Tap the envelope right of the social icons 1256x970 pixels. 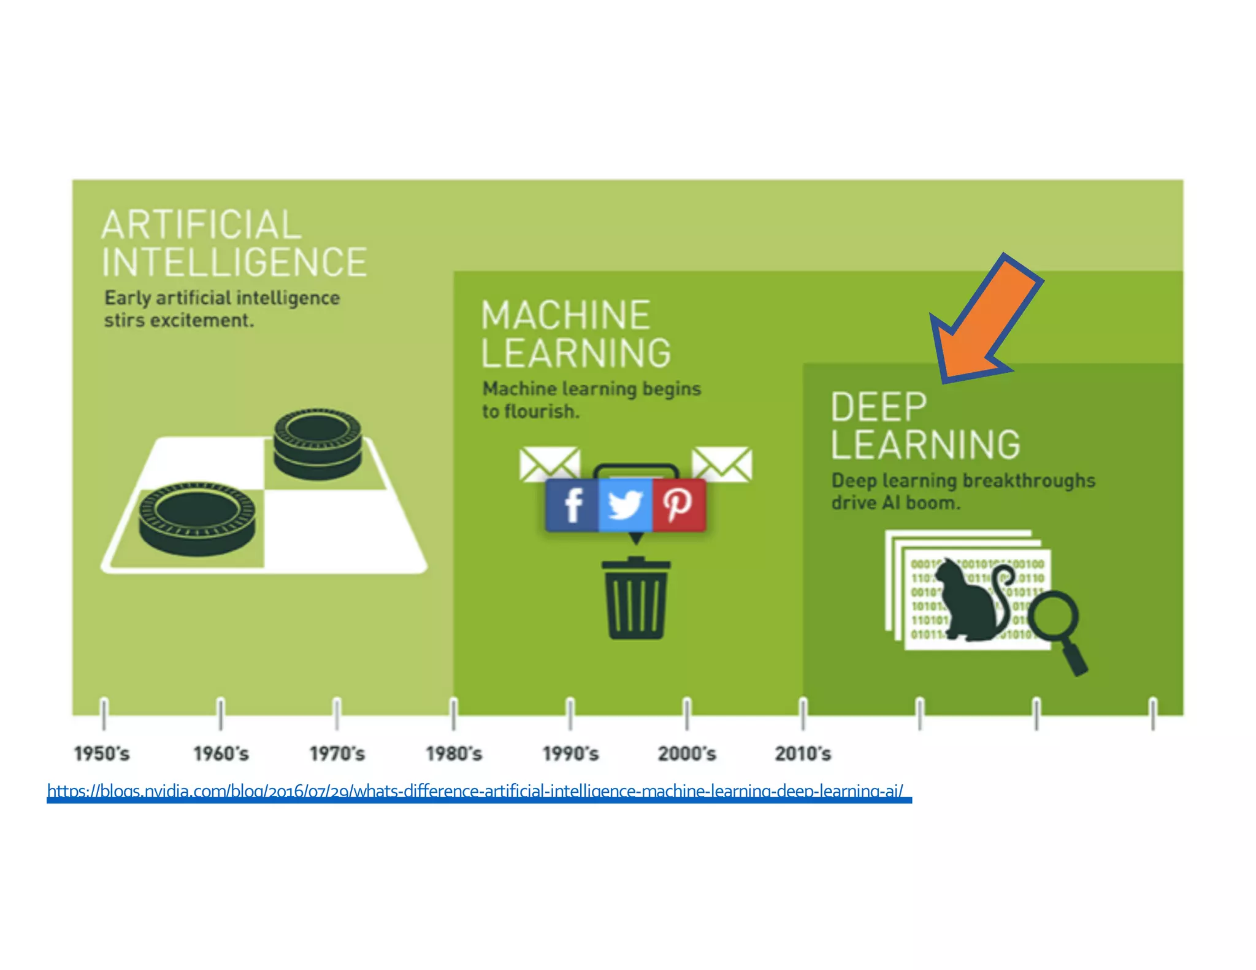coord(722,464)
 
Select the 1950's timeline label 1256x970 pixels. coord(102,754)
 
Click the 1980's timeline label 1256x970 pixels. coord(454,754)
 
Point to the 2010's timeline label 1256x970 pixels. coord(803,754)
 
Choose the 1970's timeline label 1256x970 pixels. coord(337,754)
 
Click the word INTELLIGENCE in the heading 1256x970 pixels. coord(234,262)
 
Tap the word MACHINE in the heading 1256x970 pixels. coord(565,315)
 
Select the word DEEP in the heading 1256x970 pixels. coord(878,407)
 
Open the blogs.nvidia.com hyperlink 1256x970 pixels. coord(475,791)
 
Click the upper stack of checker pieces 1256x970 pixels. coord(317,443)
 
